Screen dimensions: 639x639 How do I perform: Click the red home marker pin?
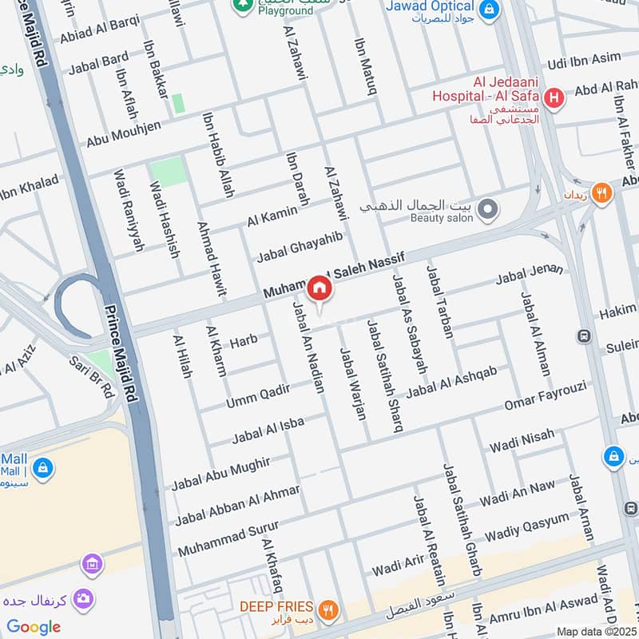pos(319,288)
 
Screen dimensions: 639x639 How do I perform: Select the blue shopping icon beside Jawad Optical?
pos(490,10)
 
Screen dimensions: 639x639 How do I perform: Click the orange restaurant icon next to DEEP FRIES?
pos(327,609)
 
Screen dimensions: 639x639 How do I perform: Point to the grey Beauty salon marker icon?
pos(488,211)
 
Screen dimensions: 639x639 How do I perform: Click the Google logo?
pos(34,627)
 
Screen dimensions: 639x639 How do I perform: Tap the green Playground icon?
pos(241,5)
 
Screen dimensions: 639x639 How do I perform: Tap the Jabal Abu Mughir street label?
pos(221,474)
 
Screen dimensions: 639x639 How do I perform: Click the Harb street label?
pos(244,342)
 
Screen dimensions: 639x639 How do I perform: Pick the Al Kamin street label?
pos(272,214)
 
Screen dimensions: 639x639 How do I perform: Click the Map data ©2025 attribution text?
pos(597,631)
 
